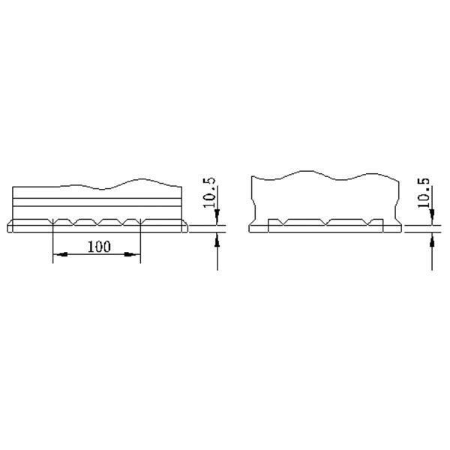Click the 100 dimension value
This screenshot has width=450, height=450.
pos(99,247)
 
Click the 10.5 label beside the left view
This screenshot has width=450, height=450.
pos(209,192)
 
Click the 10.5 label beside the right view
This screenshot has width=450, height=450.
pos(424,193)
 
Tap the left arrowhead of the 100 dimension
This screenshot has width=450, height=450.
pos(61,254)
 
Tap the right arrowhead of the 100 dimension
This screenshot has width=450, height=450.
pos(132,254)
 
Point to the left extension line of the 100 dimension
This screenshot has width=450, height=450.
pos(53,241)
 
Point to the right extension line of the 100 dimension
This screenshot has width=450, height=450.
pos(140,241)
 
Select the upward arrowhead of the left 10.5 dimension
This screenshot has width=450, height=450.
pos(217,240)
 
